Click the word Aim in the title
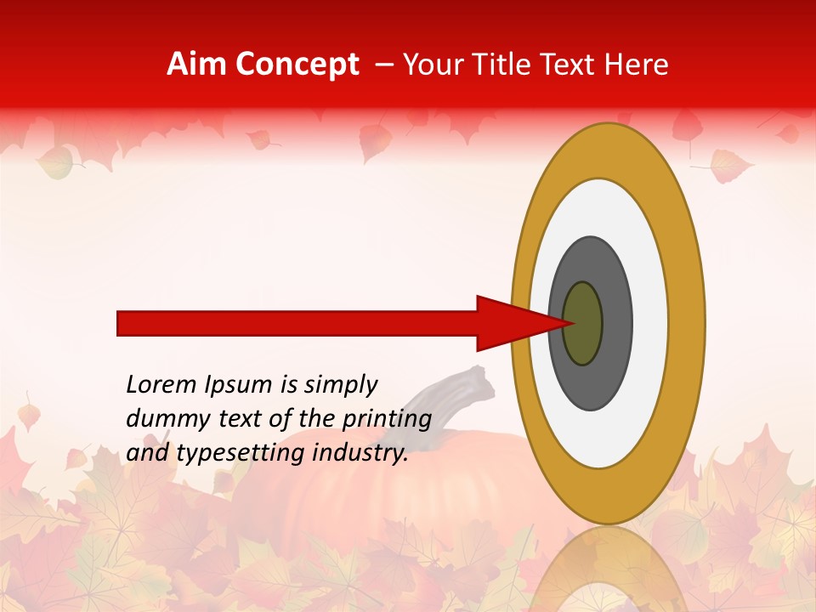pyautogui.click(x=196, y=65)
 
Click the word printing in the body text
pyautogui.click(x=387, y=420)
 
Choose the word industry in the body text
pyautogui.click(x=360, y=454)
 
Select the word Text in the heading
pyautogui.click(x=568, y=65)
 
